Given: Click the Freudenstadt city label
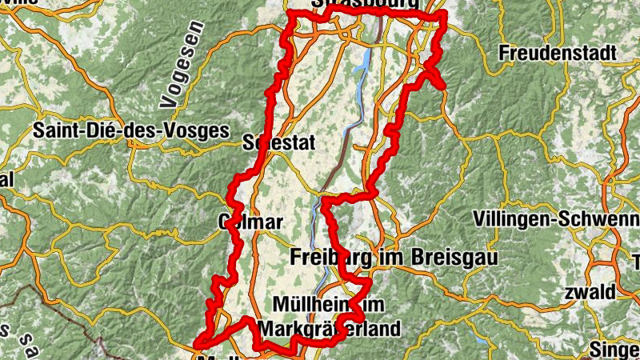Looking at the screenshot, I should tap(558, 54).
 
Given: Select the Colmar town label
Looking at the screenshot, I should tap(250, 221).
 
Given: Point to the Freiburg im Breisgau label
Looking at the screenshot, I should tap(392, 258).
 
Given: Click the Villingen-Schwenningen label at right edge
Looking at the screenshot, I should tap(556, 218).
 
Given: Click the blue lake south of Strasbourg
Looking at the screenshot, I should tap(366, 59).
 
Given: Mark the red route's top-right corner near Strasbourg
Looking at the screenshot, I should tap(443, 17).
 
